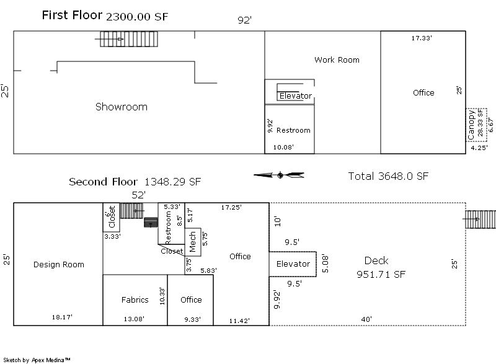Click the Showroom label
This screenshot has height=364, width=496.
pyautogui.click(x=122, y=107)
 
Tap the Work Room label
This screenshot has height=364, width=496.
pyautogui.click(x=337, y=60)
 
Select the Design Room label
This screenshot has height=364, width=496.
pyautogui.click(x=58, y=265)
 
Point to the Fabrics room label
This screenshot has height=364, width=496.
pyautogui.click(x=135, y=300)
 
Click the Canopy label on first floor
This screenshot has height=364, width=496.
pyautogui.click(x=472, y=124)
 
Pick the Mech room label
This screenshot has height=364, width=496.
pyautogui.click(x=192, y=242)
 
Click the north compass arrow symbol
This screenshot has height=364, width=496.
pyautogui.click(x=279, y=175)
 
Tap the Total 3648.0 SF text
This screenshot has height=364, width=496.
pyautogui.click(x=388, y=176)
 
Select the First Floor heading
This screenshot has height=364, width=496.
pyautogui.click(x=72, y=16)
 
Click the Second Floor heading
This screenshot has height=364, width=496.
pyautogui.click(x=105, y=182)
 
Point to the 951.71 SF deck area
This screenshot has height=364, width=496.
pyautogui.click(x=381, y=275)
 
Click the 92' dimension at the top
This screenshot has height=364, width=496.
pyautogui.click(x=245, y=20)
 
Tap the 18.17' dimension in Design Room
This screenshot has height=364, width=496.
pyautogui.click(x=62, y=317)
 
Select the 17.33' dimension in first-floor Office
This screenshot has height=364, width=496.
pyautogui.click(x=422, y=38)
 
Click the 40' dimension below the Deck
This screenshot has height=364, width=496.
pyautogui.click(x=367, y=319)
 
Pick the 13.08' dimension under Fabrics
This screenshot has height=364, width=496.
pyautogui.click(x=135, y=319)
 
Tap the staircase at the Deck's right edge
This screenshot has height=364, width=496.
pyautogui.click(x=476, y=219)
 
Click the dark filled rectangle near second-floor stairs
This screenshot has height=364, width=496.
pyautogui.click(x=151, y=222)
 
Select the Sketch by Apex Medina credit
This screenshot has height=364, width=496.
pyautogui.click(x=37, y=360)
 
